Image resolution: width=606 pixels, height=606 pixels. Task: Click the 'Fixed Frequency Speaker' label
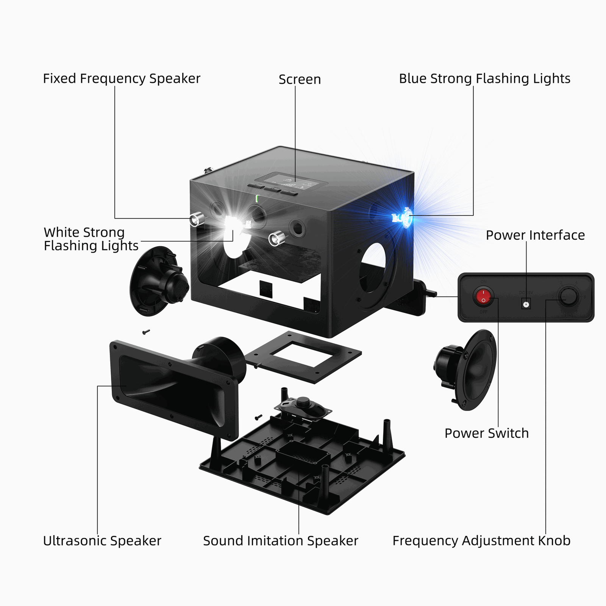click(121, 79)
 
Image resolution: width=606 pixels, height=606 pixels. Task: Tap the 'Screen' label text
click(300, 80)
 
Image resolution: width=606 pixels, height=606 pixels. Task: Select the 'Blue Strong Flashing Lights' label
click(484, 79)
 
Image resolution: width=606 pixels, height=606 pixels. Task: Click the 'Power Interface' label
click(535, 235)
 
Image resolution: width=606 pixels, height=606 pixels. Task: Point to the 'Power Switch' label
click(486, 433)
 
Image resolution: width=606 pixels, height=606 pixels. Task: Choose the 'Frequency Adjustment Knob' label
click(481, 541)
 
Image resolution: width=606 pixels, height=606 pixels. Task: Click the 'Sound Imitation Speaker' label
click(280, 541)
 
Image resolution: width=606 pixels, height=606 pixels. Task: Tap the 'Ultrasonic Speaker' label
click(102, 541)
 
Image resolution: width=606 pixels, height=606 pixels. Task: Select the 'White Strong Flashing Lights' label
click(91, 239)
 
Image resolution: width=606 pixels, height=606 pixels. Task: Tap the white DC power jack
click(526, 304)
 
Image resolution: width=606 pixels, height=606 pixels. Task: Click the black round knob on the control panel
click(569, 297)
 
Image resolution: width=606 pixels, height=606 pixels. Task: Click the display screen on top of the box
click(291, 181)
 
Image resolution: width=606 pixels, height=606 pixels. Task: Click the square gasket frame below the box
click(303, 356)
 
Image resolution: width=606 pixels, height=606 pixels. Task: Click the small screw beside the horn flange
click(146, 332)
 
